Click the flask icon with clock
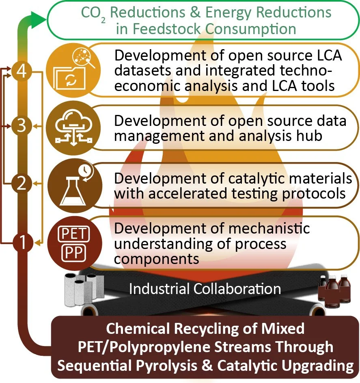click(x=67, y=184)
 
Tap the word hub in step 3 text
click(x=310, y=136)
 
